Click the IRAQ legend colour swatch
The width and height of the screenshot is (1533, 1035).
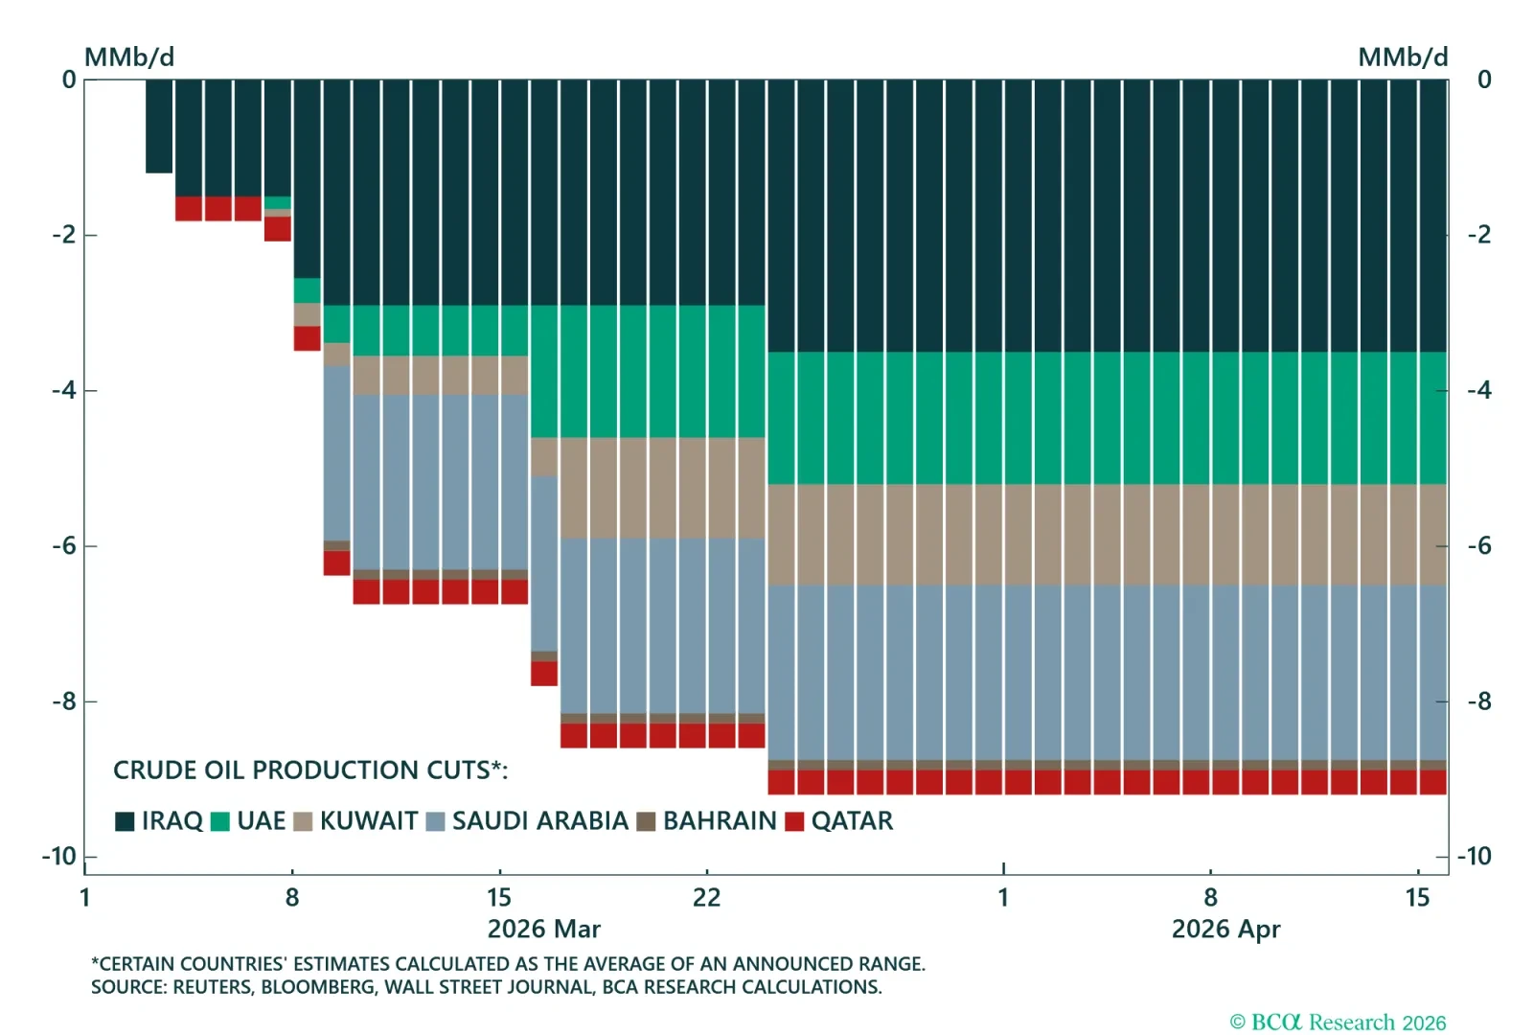click(x=125, y=821)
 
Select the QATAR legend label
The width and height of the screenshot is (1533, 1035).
click(x=852, y=821)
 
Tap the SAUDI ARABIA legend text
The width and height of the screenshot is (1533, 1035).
click(x=539, y=821)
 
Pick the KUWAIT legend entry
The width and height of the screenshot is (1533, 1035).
click(x=368, y=821)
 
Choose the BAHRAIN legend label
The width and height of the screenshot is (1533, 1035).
click(x=720, y=821)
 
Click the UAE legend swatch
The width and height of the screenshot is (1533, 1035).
click(x=220, y=821)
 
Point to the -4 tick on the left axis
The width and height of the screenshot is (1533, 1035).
click(x=64, y=390)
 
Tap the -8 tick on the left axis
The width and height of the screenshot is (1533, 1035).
click(x=64, y=701)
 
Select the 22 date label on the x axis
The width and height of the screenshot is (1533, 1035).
click(x=706, y=898)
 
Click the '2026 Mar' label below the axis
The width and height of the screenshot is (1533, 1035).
click(x=543, y=930)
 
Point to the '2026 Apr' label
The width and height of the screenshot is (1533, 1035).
click(x=1225, y=930)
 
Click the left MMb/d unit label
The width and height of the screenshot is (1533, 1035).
click(x=129, y=57)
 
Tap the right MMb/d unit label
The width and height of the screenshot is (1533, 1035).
click(x=1402, y=57)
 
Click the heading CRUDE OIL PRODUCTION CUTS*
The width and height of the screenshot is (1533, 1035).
click(x=309, y=770)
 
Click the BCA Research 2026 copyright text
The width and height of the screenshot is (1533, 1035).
click(x=1338, y=1023)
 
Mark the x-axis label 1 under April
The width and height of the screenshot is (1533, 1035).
click(x=1003, y=898)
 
